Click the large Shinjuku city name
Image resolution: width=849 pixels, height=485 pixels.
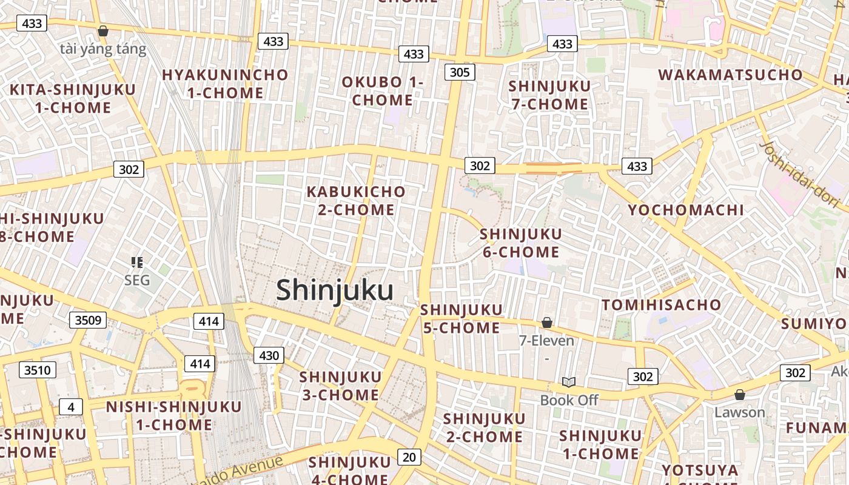(x=335, y=290)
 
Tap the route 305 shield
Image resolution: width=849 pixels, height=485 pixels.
(x=460, y=73)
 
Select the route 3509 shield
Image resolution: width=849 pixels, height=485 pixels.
(x=88, y=320)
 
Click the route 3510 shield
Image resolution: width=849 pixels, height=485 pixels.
(x=38, y=370)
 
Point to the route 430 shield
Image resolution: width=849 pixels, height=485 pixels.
(x=268, y=355)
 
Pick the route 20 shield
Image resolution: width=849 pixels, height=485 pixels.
(x=409, y=457)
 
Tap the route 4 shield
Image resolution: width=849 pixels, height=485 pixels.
(x=71, y=407)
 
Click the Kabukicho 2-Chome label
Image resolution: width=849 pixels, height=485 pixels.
(x=356, y=201)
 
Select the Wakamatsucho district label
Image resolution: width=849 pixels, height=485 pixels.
(x=730, y=75)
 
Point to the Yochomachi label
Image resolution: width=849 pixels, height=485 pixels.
(x=685, y=210)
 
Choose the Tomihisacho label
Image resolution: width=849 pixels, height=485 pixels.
(x=661, y=304)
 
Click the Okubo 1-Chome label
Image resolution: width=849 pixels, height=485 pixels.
(x=382, y=91)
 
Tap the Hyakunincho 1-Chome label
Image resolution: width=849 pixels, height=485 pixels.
(x=225, y=84)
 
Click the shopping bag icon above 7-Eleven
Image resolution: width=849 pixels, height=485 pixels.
(x=546, y=323)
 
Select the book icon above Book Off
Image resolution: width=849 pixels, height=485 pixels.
(x=568, y=382)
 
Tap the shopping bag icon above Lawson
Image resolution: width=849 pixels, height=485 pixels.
(x=739, y=395)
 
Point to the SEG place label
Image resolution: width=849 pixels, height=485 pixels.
(x=136, y=280)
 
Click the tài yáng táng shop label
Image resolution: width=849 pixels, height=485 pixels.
(x=103, y=49)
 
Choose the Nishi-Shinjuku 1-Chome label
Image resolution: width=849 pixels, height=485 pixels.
(x=174, y=415)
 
